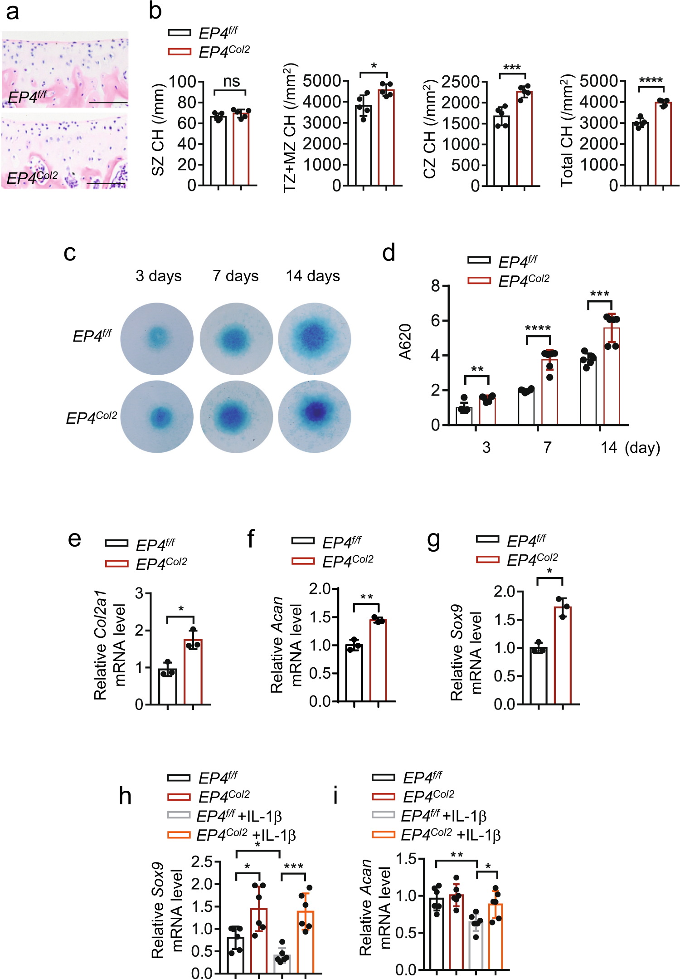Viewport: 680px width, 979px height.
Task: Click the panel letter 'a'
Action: [12, 12]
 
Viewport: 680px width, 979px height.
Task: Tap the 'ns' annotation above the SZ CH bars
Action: [231, 81]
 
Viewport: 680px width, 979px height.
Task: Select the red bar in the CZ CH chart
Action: [524, 138]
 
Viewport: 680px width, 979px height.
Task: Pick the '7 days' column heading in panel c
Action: [235, 276]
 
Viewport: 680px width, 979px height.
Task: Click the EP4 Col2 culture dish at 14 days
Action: [315, 416]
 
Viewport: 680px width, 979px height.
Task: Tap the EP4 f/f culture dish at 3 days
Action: [157, 338]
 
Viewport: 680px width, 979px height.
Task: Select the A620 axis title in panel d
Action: [405, 341]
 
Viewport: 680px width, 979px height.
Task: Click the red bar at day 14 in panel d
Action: [612, 376]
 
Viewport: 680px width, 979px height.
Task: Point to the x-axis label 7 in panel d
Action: [548, 448]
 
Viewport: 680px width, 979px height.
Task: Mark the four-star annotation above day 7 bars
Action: [538, 328]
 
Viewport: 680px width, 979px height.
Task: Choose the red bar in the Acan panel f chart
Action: [378, 661]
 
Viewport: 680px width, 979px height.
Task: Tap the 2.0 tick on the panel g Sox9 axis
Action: [504, 592]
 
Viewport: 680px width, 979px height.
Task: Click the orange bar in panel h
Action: [306, 942]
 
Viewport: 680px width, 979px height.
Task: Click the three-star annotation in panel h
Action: [293, 866]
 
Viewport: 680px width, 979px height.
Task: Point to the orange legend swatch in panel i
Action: [383, 834]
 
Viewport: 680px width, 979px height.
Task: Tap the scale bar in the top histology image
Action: [108, 103]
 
